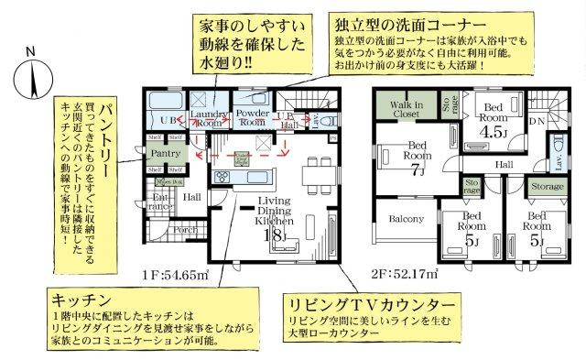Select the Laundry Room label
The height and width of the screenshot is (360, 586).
[208, 117]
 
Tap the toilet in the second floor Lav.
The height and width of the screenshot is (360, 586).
[559, 147]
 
